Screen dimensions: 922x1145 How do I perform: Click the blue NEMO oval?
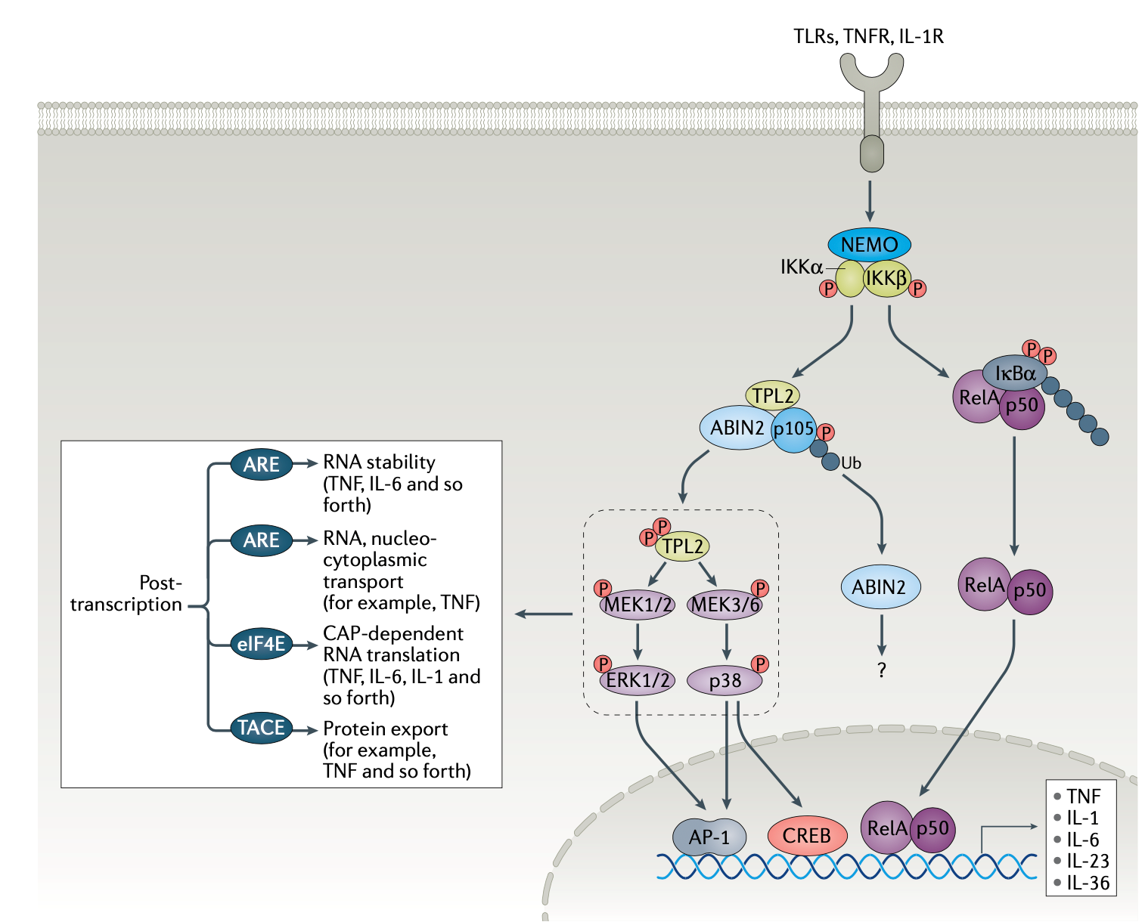coord(869,244)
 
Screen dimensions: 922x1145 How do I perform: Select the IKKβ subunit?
coord(887,279)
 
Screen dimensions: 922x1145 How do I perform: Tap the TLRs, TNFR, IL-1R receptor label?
coord(868,36)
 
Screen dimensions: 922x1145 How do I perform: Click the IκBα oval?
coord(1015,373)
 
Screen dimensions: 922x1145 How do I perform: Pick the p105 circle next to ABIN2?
coord(793,429)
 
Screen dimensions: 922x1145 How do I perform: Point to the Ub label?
coord(851,463)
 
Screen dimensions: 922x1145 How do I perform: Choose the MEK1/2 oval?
coord(637,605)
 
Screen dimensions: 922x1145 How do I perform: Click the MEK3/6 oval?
coord(725,605)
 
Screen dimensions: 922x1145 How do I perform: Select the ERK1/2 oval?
coord(638,681)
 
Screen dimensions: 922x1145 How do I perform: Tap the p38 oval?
coord(725,681)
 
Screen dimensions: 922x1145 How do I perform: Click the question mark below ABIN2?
coord(881,670)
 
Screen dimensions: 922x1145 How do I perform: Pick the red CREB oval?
coord(806,835)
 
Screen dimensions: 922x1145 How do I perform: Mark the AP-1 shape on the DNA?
coord(709,837)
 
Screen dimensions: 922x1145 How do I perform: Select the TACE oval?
coord(261,728)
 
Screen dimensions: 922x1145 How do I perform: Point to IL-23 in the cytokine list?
coord(1088,861)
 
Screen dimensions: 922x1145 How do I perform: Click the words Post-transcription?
coord(126,594)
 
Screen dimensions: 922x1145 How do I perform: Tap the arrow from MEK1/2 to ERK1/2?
coord(638,642)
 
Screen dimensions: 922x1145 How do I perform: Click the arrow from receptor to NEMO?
coord(870,201)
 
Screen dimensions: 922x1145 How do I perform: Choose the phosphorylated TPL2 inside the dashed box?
coord(682,546)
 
